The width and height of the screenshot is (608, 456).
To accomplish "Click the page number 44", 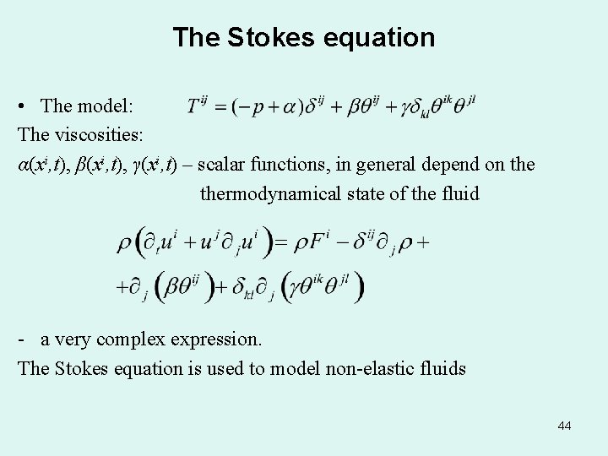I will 564,426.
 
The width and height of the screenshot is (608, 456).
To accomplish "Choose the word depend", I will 446,164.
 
